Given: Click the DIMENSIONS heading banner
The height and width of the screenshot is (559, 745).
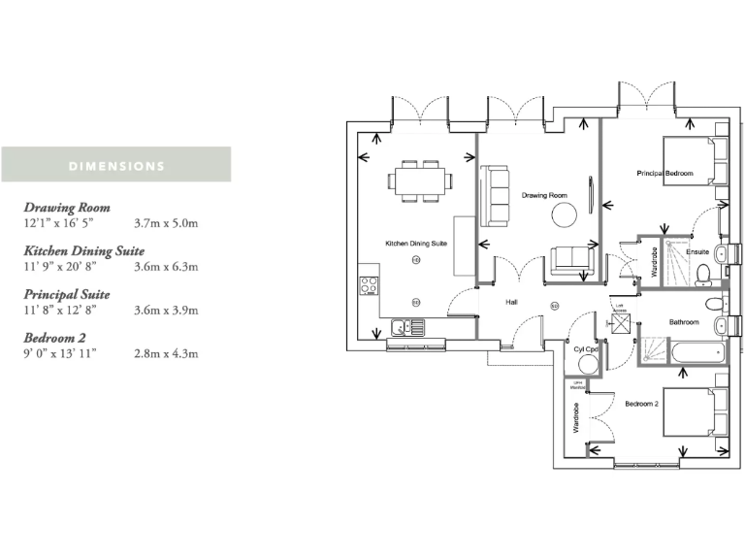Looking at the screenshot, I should click(x=116, y=165).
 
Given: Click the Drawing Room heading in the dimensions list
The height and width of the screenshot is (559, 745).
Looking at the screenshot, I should click(x=67, y=208).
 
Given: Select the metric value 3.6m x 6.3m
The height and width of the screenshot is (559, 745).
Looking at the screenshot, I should click(x=166, y=266).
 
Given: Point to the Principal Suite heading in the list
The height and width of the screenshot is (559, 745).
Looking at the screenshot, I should click(x=67, y=294).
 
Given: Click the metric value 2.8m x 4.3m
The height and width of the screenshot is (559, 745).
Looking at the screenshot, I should click(x=166, y=353).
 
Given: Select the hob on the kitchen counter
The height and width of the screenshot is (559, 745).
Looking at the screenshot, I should click(x=370, y=286).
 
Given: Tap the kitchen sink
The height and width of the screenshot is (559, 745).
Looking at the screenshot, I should click(x=406, y=327).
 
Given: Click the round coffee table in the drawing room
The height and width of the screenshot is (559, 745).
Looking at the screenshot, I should click(x=564, y=214).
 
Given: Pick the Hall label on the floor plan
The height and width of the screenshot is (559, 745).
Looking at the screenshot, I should click(x=512, y=303).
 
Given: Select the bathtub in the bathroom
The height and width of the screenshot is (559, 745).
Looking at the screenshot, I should click(x=691, y=351).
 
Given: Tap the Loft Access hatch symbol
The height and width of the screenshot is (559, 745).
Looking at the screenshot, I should click(x=618, y=325).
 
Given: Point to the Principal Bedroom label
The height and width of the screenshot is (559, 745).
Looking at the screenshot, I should click(x=664, y=174).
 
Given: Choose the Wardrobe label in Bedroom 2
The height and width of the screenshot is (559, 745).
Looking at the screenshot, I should click(x=576, y=422).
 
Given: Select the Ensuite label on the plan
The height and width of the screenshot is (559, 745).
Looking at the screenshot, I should click(x=697, y=252).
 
